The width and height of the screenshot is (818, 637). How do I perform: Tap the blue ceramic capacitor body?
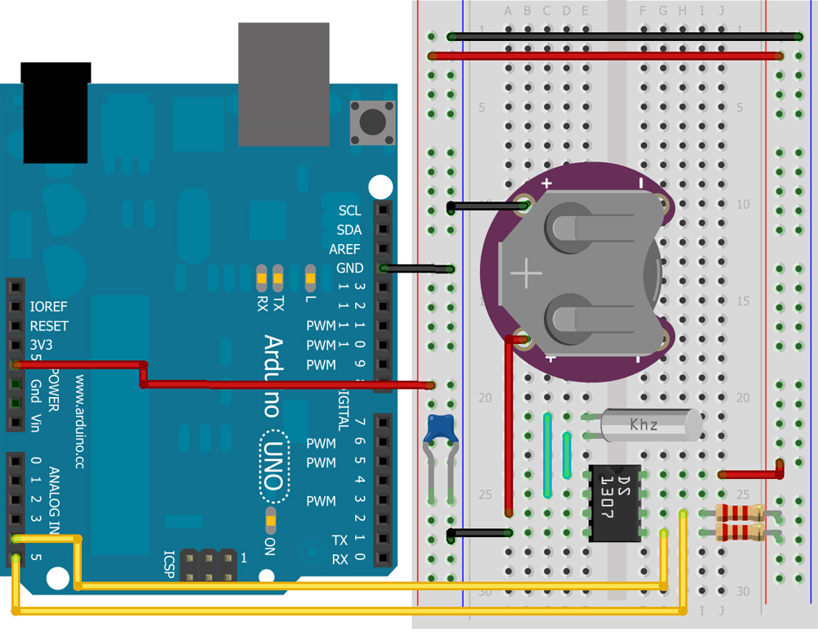click(442, 427)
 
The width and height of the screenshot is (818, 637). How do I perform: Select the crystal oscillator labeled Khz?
click(650, 425)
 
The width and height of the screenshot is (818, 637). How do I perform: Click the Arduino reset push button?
click(372, 123)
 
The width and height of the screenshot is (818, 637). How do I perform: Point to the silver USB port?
click(283, 82)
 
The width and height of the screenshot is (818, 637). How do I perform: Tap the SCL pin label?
click(349, 210)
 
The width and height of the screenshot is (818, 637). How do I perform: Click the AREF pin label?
click(344, 249)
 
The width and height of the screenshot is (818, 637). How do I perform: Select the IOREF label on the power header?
click(48, 307)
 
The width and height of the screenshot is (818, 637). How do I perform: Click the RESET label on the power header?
click(48, 326)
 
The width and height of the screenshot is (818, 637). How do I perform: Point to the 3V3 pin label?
click(41, 345)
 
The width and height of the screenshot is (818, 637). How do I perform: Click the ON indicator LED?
click(271, 517)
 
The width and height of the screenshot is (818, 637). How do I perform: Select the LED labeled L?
click(310, 278)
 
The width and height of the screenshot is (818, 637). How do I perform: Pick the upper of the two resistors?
click(739, 513)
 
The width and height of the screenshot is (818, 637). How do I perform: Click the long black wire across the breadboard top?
click(626, 37)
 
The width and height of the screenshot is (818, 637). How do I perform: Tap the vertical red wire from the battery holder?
click(509, 426)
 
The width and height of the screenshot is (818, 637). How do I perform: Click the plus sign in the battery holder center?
click(528, 272)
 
